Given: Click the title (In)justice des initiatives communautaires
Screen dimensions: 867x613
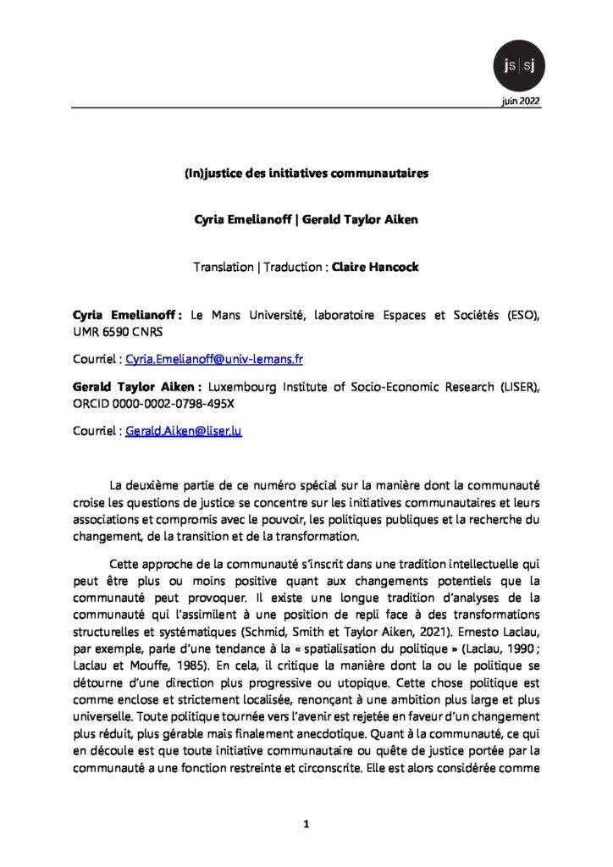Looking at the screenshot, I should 306,174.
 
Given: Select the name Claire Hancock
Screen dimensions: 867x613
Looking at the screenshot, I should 375,267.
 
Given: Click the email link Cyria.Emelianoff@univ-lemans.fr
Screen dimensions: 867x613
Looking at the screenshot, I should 214,359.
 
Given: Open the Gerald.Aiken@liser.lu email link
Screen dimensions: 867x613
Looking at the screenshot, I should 184,430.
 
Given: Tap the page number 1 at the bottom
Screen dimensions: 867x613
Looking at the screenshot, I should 306,822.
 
